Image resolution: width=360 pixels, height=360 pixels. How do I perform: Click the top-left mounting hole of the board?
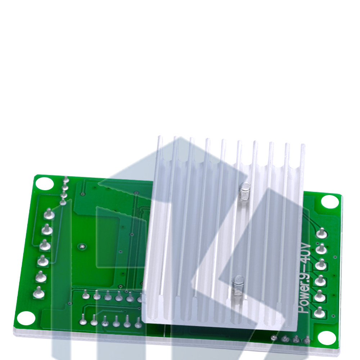(x=45, y=184)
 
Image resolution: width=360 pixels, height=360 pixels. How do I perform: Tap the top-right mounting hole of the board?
(x=329, y=202)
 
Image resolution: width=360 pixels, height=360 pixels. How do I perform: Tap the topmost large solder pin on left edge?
(x=49, y=214)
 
